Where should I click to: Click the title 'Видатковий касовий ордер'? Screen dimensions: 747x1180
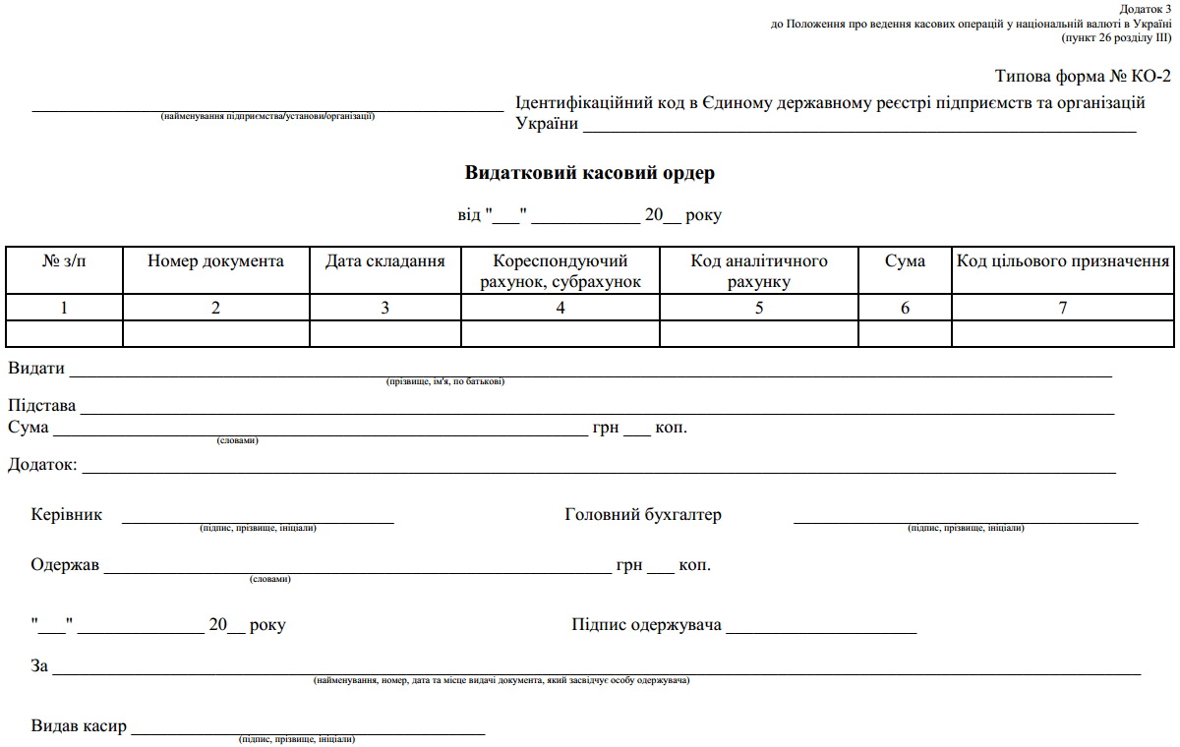coord(589,173)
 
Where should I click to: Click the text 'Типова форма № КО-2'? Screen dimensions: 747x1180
coord(1083,77)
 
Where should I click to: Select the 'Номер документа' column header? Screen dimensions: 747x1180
coord(215,261)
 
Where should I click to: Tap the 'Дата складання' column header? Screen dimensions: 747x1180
coord(384,261)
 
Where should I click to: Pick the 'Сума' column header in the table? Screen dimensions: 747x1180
coord(905,261)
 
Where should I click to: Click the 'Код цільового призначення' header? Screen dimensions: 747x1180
coord(1063,261)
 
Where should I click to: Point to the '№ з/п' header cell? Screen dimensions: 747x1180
coord(64,261)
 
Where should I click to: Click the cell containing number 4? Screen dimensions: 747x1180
coord(560,308)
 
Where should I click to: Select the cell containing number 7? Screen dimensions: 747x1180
coord(1063,308)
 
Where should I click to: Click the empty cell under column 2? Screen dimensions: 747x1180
coord(215,334)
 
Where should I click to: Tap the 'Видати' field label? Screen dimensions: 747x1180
coord(36,369)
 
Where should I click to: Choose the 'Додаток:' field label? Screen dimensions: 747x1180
coord(42,464)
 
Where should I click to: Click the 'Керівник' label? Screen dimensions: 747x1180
coord(66,515)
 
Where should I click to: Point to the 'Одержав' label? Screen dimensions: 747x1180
coord(65,566)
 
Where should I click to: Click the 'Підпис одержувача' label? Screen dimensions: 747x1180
coord(646,625)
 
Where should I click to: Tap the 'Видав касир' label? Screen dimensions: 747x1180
coord(79,727)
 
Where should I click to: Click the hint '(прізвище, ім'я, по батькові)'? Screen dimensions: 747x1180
coord(445,381)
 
